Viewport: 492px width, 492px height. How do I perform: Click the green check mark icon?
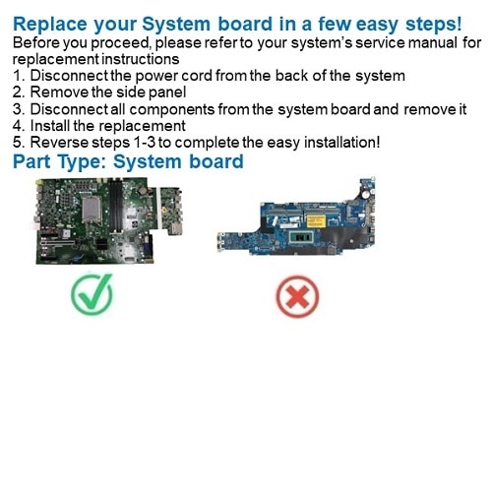(92, 293)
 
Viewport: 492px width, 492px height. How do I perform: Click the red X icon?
(297, 296)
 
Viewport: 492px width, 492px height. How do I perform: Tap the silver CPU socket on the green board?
(92, 210)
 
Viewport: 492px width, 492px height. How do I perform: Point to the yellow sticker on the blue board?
(316, 221)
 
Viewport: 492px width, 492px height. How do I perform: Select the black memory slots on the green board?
(116, 206)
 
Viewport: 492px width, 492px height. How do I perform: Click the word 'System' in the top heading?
(176, 24)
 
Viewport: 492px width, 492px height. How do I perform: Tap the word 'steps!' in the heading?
(434, 25)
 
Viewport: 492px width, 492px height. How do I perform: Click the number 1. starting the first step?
(19, 76)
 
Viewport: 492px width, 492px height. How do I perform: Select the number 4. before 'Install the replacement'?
(19, 126)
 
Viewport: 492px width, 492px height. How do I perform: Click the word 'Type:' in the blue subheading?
(82, 162)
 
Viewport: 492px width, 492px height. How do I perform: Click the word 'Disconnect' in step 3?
(69, 109)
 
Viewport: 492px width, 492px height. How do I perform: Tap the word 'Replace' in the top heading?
(50, 25)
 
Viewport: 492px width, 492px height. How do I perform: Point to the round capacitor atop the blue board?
(365, 195)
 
